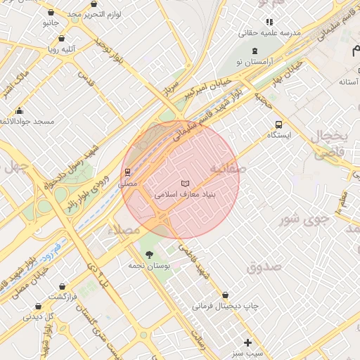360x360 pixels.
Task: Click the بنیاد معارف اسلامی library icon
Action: (x=185, y=183)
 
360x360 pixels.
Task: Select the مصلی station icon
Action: (x=127, y=172)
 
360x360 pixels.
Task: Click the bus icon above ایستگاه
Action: (x=280, y=124)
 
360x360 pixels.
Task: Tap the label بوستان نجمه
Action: (x=146, y=266)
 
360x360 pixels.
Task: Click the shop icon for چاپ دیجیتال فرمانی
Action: (x=225, y=295)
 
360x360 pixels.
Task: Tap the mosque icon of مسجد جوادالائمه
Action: (x=19, y=111)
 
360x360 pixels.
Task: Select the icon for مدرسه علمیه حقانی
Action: (x=269, y=22)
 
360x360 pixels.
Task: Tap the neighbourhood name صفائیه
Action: (x=228, y=169)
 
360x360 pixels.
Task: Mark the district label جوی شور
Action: (x=306, y=219)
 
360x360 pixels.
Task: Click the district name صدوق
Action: (x=264, y=266)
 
